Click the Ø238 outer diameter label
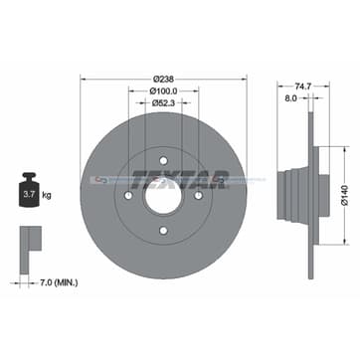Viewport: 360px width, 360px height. pyautogui.click(x=164, y=78)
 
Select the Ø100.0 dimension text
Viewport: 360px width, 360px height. pyautogui.click(x=164, y=91)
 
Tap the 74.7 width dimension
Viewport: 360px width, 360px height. pyautogui.click(x=290, y=87)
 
